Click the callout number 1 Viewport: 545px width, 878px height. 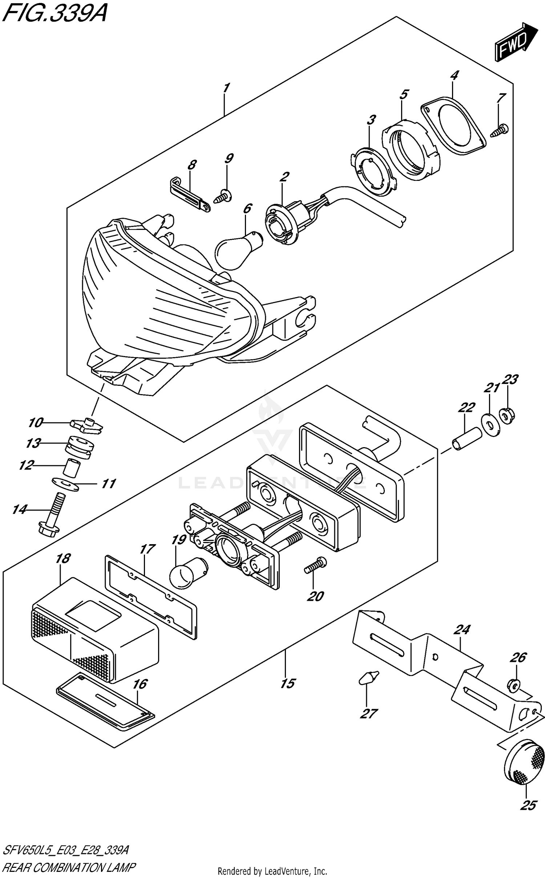coord(226,88)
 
